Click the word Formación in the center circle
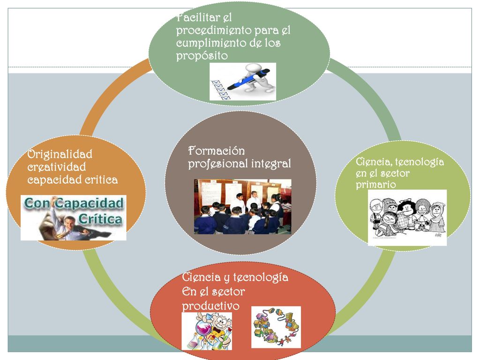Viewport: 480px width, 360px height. point(217,151)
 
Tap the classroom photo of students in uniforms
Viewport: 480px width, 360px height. point(243,207)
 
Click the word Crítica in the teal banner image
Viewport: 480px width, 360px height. point(100,219)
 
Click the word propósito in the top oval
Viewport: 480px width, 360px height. point(202,56)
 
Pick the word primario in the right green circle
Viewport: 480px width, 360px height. point(376,185)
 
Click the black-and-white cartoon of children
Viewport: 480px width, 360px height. point(407,217)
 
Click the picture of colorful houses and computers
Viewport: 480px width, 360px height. point(276,327)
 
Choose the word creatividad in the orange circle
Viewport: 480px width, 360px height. point(57,167)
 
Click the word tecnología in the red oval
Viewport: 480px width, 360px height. point(261,277)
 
